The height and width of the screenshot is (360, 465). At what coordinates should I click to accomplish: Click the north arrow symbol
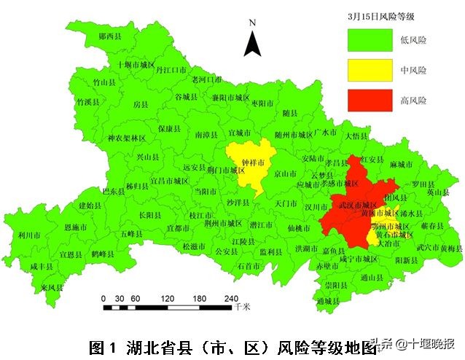[x=252, y=40]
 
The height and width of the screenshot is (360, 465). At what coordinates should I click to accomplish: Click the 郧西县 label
[x=101, y=36]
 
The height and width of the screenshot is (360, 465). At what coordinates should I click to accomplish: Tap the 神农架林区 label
[x=126, y=138]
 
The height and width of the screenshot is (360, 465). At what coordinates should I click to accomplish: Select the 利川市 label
[x=28, y=235]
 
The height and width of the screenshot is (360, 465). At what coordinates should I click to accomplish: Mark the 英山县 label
[x=438, y=192]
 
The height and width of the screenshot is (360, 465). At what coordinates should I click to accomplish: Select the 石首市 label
[x=249, y=266]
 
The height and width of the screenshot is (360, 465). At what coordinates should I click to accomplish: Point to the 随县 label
[x=290, y=113]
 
